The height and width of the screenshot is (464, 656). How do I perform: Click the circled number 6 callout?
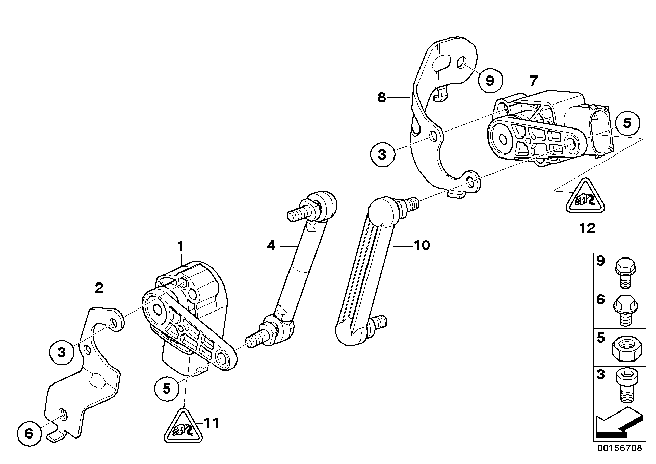point(29,433)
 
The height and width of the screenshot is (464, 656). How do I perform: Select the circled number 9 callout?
point(489,80)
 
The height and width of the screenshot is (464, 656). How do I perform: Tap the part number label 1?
point(180,246)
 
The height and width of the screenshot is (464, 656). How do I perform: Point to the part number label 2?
point(99,288)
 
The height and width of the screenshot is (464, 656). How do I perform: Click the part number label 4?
point(271,246)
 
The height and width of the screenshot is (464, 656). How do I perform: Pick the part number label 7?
point(533,80)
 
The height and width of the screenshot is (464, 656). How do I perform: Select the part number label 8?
point(382,97)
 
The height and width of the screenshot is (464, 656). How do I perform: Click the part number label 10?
point(422,246)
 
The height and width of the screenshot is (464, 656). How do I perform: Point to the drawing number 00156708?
point(620,448)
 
